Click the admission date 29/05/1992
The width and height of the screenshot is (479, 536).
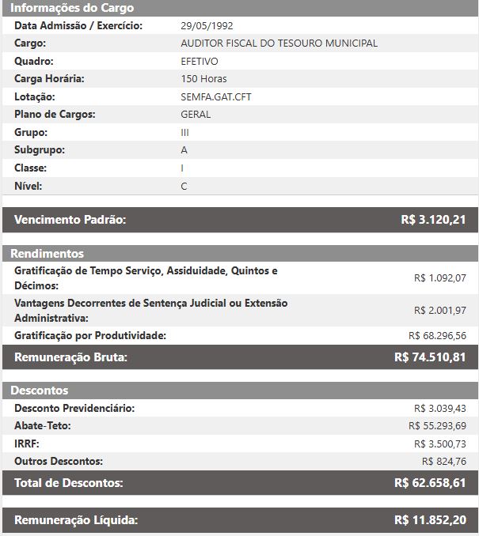pyautogui.click(x=207, y=25)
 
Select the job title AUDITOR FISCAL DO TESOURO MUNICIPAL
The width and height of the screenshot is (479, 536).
pyautogui.click(x=279, y=43)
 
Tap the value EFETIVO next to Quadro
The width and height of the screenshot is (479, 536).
pyautogui.click(x=200, y=61)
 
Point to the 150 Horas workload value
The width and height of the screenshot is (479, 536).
pyautogui.click(x=203, y=79)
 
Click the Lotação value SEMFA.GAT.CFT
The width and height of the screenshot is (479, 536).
pyautogui.click(x=216, y=96)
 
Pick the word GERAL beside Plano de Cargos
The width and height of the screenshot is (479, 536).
pyautogui.click(x=196, y=115)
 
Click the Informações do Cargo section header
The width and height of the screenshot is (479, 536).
pyautogui.click(x=72, y=8)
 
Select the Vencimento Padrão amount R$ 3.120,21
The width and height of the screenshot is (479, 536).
pyautogui.click(x=433, y=220)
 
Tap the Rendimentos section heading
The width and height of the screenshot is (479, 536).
pyautogui.click(x=47, y=254)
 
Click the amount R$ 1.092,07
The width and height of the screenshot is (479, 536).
pyautogui.click(x=440, y=278)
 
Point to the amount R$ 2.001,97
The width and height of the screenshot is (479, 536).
pyautogui.click(x=440, y=311)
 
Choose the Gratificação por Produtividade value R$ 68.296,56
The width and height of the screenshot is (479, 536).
pyautogui.click(x=437, y=336)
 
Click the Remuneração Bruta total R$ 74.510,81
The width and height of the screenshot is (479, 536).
pyautogui.click(x=430, y=357)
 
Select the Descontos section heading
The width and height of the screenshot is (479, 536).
pyautogui.click(x=40, y=391)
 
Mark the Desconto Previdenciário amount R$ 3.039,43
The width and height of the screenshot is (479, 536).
pyautogui.click(x=440, y=409)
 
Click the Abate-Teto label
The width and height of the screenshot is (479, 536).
pyautogui.click(x=43, y=426)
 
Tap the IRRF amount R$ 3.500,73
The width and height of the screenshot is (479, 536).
pyautogui.click(x=440, y=444)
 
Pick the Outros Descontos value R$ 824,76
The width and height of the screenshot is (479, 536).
pyautogui.click(x=444, y=461)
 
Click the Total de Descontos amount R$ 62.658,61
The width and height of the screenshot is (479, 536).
pyautogui.click(x=430, y=482)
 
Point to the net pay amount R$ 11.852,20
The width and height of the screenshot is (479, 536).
pyautogui.click(x=430, y=520)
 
